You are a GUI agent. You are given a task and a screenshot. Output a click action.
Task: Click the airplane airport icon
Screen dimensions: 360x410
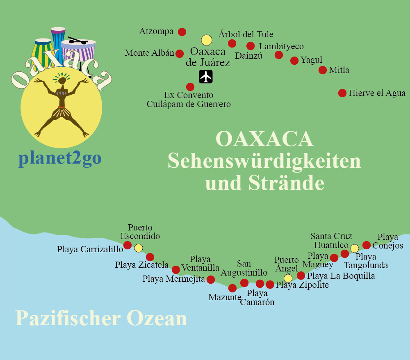[206, 77]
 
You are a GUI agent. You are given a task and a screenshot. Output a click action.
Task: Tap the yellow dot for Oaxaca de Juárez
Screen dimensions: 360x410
[207, 40]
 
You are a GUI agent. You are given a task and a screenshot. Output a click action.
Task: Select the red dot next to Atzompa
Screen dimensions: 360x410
[182, 32]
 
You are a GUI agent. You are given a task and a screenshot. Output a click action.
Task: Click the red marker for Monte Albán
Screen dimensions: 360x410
[180, 53]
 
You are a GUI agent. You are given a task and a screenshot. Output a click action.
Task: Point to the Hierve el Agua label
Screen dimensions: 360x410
[377, 93]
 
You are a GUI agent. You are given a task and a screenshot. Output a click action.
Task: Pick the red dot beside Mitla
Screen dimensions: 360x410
[323, 70]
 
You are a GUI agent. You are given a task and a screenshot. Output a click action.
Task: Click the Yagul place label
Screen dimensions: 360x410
[311, 60]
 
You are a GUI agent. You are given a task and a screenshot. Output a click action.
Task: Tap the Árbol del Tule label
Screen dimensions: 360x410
[246, 34]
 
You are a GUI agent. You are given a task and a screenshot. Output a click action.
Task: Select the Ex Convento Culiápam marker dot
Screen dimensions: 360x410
[190, 87]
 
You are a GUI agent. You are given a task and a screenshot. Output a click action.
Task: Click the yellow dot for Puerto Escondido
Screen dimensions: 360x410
[139, 248]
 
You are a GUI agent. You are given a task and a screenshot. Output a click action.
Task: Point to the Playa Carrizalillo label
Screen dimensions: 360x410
[90, 249]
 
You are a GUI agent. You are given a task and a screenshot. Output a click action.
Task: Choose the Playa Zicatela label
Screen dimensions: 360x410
[141, 265]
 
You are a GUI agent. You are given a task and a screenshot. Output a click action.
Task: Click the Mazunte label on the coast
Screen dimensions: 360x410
[224, 297]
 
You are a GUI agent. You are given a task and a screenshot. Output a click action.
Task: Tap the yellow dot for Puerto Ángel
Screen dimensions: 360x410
[288, 278]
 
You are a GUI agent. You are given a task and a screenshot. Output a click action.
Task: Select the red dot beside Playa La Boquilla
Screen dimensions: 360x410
[301, 276]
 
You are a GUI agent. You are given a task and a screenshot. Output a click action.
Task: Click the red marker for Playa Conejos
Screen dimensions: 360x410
[367, 245]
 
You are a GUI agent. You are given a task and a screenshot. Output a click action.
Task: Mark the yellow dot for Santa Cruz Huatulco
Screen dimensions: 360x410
[355, 248]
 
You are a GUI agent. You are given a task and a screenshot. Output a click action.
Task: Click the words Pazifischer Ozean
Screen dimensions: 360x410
[101, 319]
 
